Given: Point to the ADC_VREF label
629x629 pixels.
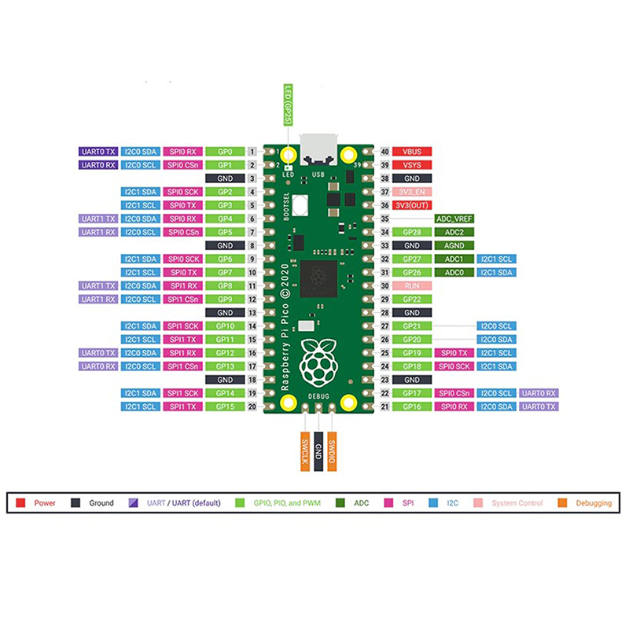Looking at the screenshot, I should (x=454, y=219).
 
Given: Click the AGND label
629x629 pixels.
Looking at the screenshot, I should (x=454, y=245).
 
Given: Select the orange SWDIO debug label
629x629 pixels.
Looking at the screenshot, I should (x=333, y=450).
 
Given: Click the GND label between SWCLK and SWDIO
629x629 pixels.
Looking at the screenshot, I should (x=318, y=450).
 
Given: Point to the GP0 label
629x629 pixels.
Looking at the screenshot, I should (x=224, y=151).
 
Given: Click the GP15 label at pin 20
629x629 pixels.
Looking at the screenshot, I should (x=224, y=406).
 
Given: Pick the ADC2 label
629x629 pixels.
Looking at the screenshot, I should (x=454, y=232).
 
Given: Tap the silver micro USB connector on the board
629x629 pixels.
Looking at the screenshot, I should (x=318, y=147).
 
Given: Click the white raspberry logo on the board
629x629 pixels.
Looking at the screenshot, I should (x=318, y=361).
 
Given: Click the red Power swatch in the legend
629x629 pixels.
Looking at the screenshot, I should (x=21, y=502).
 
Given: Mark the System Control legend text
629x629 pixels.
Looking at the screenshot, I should (x=517, y=502).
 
